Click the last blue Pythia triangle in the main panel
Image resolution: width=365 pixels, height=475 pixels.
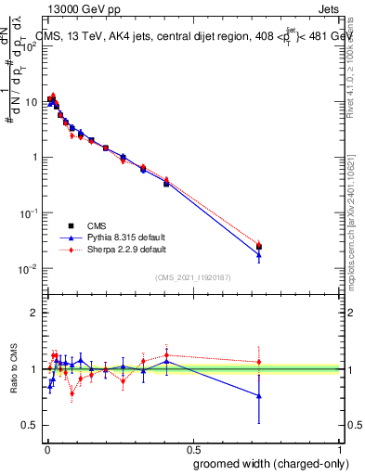(259, 255)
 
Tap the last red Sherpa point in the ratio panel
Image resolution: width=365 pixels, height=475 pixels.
(259, 362)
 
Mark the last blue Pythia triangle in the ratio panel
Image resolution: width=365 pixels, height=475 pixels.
(259, 396)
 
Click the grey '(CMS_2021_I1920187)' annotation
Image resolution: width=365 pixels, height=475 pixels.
(193, 276)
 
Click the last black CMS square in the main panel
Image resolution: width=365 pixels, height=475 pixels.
(259, 247)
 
